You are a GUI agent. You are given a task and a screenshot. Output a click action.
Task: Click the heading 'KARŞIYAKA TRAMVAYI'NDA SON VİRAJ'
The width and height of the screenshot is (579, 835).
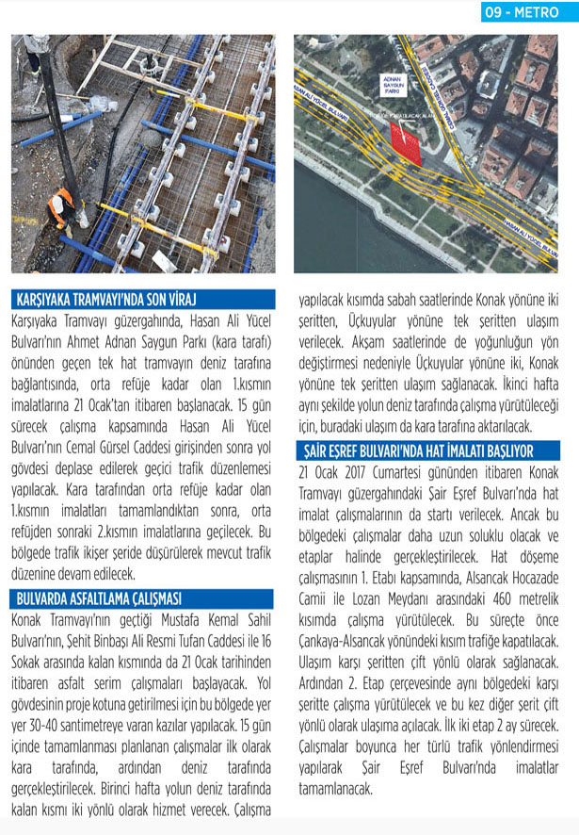pyautogui.click(x=113, y=301)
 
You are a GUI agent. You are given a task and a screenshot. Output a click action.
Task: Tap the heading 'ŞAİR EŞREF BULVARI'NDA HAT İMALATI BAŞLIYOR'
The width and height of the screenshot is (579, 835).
pyautogui.click(x=415, y=451)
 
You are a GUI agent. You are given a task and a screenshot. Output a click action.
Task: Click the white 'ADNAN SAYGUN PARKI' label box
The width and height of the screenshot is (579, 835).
pyautogui.click(x=393, y=84)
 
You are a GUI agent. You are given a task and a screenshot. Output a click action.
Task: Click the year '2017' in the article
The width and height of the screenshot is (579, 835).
pyautogui.click(x=350, y=471)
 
